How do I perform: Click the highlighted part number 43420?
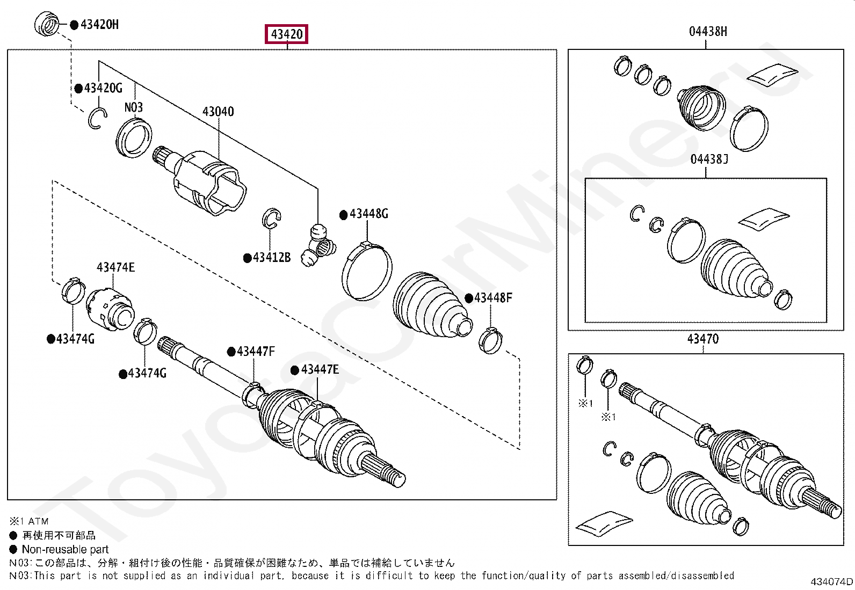click(287, 34)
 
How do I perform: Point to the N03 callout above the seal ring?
click(134, 107)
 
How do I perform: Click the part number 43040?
click(218, 112)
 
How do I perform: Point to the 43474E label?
click(115, 267)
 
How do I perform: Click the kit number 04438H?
click(708, 32)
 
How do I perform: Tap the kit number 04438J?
click(709, 159)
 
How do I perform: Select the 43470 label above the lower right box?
click(702, 339)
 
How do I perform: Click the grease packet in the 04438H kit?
click(772, 75)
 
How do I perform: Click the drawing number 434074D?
click(831, 581)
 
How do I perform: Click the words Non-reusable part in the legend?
click(65, 549)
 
